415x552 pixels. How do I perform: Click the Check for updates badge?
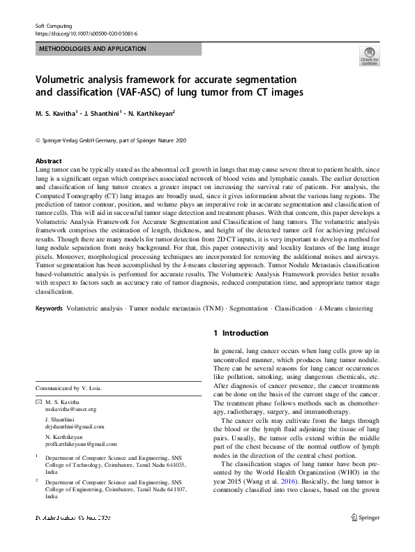pos(369,57)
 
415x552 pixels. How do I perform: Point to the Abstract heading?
pos(48,161)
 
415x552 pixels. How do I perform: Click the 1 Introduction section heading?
pos(241,334)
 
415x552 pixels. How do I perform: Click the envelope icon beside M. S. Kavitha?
pos(38,403)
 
